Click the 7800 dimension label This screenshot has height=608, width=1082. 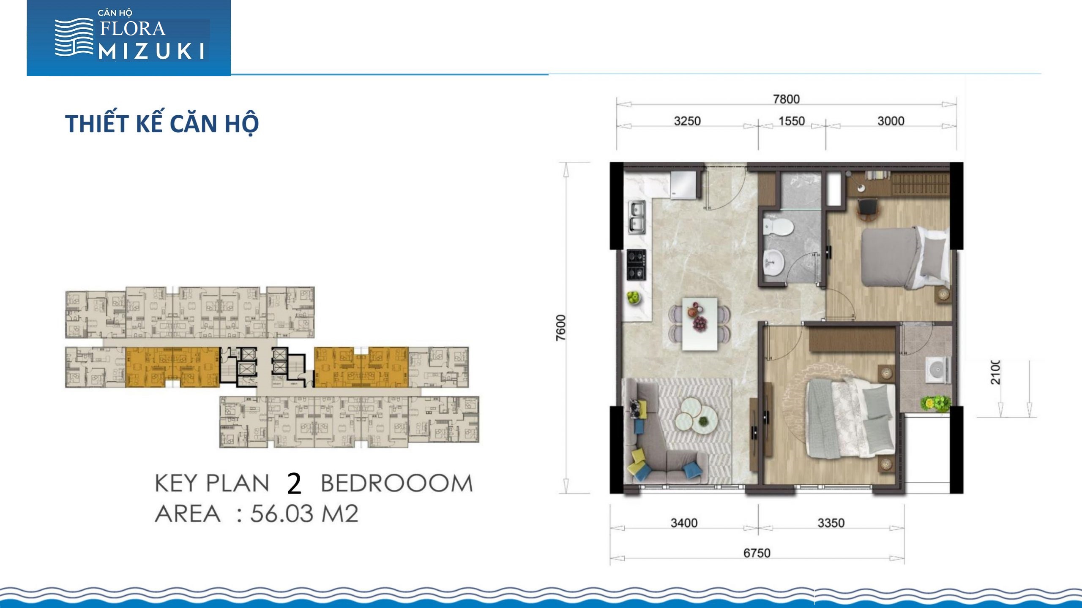pyautogui.click(x=786, y=99)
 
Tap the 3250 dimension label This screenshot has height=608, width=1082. pyautogui.click(x=687, y=121)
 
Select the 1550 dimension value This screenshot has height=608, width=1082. pyautogui.click(x=792, y=121)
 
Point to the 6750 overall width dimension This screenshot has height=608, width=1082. pyautogui.click(x=757, y=553)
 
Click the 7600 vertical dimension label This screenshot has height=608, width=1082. pyautogui.click(x=560, y=328)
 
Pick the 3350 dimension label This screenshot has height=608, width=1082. pyautogui.click(x=831, y=523)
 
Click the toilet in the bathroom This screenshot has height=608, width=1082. pyautogui.click(x=778, y=227)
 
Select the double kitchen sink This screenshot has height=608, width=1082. pyautogui.click(x=637, y=217)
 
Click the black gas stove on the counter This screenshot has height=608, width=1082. pyautogui.click(x=636, y=265)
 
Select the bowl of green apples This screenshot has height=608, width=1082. pyautogui.click(x=634, y=298)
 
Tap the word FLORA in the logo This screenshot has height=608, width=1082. pyautogui.click(x=132, y=29)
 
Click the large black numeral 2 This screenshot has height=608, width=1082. pyautogui.click(x=294, y=483)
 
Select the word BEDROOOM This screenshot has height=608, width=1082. pyautogui.click(x=396, y=483)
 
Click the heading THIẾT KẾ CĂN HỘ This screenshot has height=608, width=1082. pyautogui.click(x=162, y=123)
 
